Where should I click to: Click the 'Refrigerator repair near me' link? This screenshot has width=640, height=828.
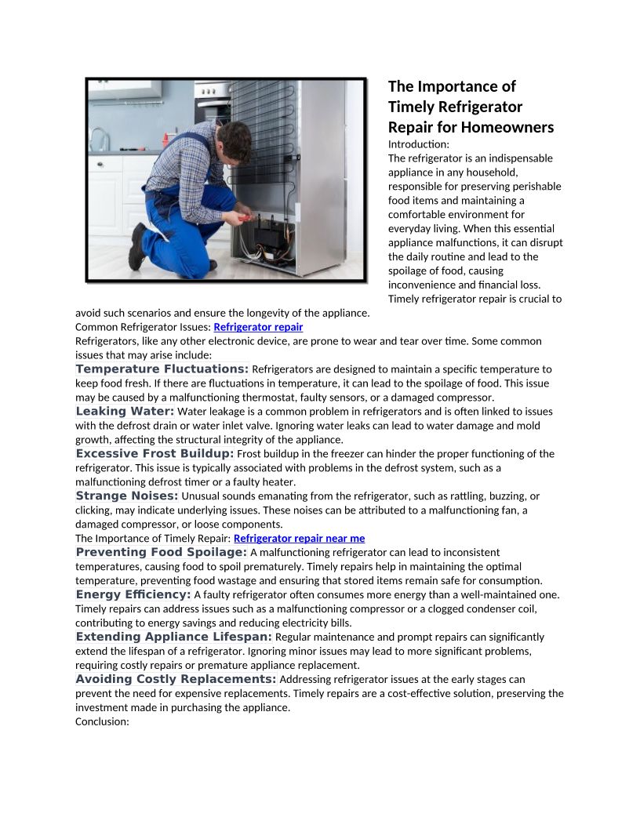pos(299,539)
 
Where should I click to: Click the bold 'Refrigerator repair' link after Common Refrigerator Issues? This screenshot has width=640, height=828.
pos(258,327)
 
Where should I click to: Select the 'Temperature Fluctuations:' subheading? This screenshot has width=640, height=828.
pos(162,369)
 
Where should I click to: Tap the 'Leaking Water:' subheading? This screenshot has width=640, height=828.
pos(125,412)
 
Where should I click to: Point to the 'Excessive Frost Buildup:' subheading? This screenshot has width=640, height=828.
pos(155,454)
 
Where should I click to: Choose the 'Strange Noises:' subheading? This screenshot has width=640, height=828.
pos(127,496)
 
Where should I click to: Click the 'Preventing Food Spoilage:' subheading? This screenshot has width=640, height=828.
pos(161,553)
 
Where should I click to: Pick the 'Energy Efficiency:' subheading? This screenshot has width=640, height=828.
pos(133,595)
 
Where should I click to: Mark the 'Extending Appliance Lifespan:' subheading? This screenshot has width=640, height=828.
pos(173,637)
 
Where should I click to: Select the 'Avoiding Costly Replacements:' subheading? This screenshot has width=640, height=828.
pos(176,680)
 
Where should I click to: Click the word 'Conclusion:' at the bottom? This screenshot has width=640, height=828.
pos(102,722)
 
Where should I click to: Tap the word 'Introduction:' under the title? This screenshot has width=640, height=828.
pos(419,144)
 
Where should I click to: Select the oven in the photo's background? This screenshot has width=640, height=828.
pos(212,102)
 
